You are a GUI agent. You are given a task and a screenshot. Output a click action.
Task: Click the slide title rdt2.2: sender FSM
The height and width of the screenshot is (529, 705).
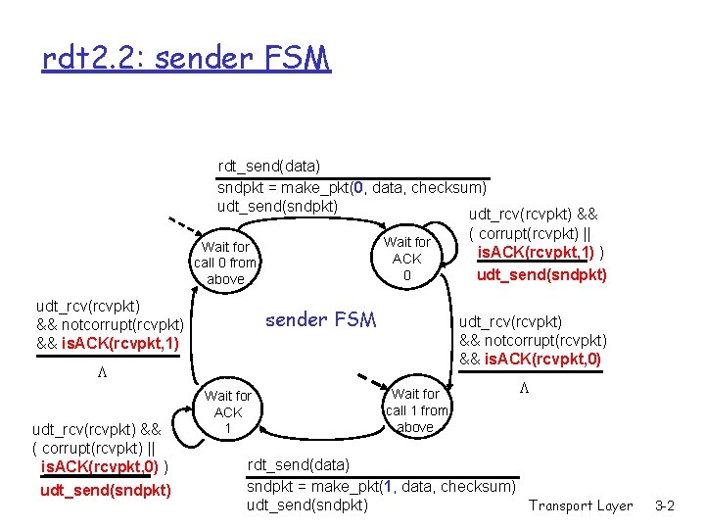coord(186,60)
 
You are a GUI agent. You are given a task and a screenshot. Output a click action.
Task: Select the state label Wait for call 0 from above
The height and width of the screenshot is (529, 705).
coord(225,263)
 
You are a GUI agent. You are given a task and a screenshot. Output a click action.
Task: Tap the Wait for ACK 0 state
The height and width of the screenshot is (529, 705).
coord(406,259)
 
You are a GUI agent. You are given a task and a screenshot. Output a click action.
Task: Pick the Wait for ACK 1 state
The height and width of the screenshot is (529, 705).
coord(227,412)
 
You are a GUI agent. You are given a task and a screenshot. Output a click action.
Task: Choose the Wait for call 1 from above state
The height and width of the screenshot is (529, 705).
coord(416,410)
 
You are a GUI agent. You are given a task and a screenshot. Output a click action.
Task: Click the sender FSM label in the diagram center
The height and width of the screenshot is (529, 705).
coord(320,319)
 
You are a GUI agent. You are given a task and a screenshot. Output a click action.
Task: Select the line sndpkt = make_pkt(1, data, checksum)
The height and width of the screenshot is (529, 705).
coord(381,487)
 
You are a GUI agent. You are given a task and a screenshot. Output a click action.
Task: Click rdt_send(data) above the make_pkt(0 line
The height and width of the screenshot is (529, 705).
coord(268,167)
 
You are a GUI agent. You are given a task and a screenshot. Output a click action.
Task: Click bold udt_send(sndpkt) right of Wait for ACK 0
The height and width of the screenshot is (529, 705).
coord(541,274)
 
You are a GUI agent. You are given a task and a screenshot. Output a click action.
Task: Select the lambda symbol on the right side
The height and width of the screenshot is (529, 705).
coord(524,388)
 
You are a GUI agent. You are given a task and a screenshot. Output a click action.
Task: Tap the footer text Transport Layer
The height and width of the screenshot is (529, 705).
coord(581,505)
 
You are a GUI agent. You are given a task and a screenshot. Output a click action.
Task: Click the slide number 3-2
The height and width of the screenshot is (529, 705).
coord(665,505)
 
